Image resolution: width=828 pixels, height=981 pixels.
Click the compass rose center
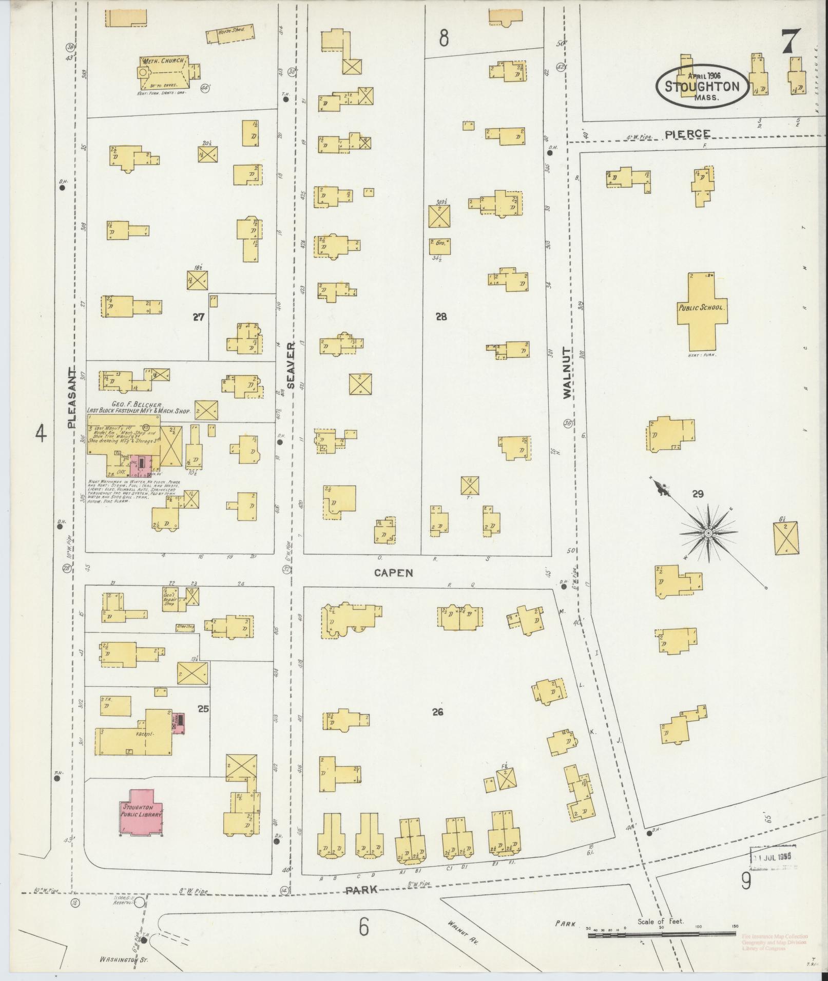[708, 533]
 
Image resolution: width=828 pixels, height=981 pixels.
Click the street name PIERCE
[688, 134]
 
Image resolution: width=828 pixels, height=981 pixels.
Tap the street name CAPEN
[394, 573]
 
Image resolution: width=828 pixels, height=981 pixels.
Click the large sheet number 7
[792, 42]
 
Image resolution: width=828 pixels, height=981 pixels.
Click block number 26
[437, 712]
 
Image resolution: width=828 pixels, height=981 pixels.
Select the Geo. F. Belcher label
[138, 404]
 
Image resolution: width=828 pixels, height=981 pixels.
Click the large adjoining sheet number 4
[41, 435]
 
